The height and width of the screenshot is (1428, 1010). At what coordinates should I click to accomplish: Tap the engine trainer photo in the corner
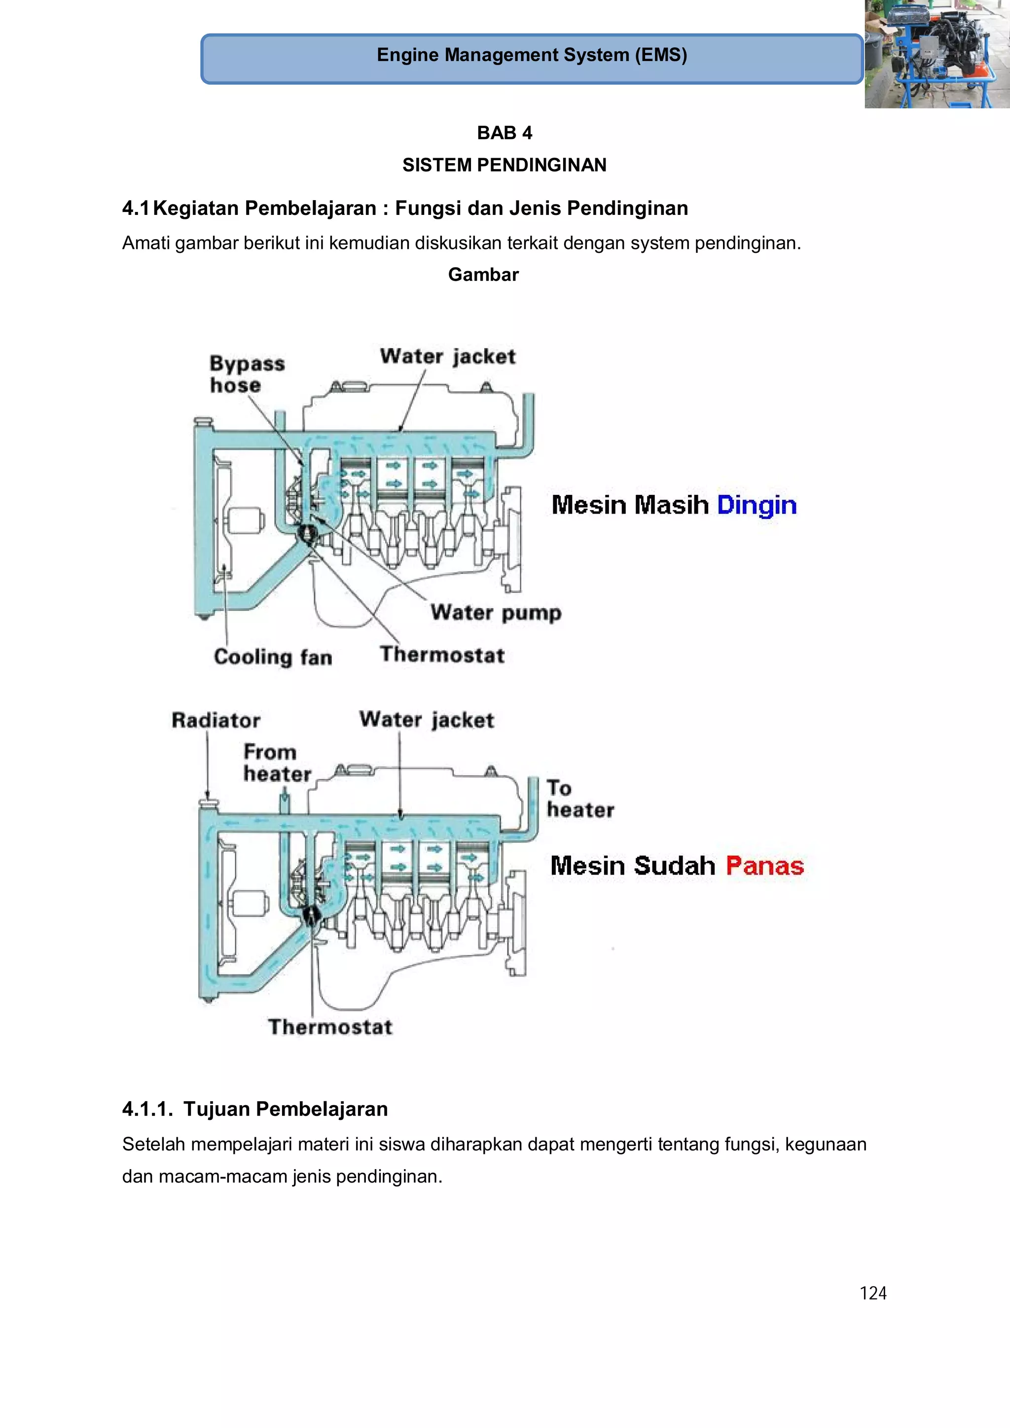point(937,54)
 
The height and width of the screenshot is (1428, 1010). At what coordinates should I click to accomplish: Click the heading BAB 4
point(504,133)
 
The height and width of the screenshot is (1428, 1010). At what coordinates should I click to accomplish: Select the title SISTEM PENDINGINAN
point(504,165)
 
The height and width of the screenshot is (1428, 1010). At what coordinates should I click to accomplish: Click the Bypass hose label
point(247,374)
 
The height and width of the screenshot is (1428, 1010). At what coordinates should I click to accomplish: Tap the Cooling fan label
point(273,657)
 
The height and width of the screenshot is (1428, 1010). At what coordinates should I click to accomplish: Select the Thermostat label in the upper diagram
point(442,654)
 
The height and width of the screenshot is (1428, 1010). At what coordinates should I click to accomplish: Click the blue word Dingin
point(756,505)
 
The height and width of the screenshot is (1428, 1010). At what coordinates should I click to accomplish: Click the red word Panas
point(764,866)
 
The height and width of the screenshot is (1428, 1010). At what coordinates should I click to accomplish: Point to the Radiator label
point(216,720)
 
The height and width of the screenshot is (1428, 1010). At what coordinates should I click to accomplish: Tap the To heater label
point(579,799)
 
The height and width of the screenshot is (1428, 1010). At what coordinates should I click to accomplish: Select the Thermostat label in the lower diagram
point(330,1026)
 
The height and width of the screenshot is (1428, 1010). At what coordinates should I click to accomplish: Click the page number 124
point(872,1293)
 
